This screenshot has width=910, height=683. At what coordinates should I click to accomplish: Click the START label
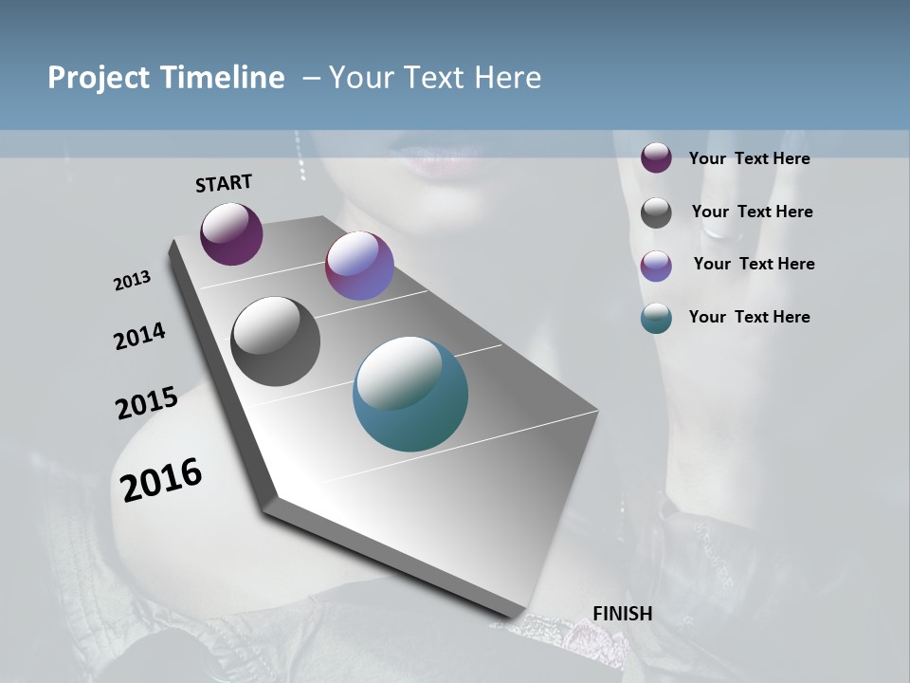tap(224, 183)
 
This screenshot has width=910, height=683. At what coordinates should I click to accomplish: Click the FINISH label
tap(622, 614)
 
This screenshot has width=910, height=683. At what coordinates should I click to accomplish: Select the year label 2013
tap(132, 281)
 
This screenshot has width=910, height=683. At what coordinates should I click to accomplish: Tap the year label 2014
tap(139, 336)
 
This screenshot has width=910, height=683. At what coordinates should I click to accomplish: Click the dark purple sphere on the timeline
tap(231, 233)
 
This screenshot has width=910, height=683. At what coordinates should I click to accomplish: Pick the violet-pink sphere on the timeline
tap(359, 266)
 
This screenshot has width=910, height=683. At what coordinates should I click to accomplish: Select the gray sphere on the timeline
tap(276, 341)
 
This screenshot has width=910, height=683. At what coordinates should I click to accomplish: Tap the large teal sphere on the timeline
tap(410, 394)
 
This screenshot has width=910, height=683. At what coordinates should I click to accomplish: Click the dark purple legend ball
tap(656, 157)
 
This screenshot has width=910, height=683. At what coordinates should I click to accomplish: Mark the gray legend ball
tap(656, 212)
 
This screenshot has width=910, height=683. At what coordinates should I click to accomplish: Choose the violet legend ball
tap(656, 266)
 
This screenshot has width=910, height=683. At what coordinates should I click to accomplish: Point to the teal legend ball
tap(656, 319)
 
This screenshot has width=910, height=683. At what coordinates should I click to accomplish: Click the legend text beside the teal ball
tap(749, 317)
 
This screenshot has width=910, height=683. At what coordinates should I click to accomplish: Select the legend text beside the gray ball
tap(752, 212)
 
